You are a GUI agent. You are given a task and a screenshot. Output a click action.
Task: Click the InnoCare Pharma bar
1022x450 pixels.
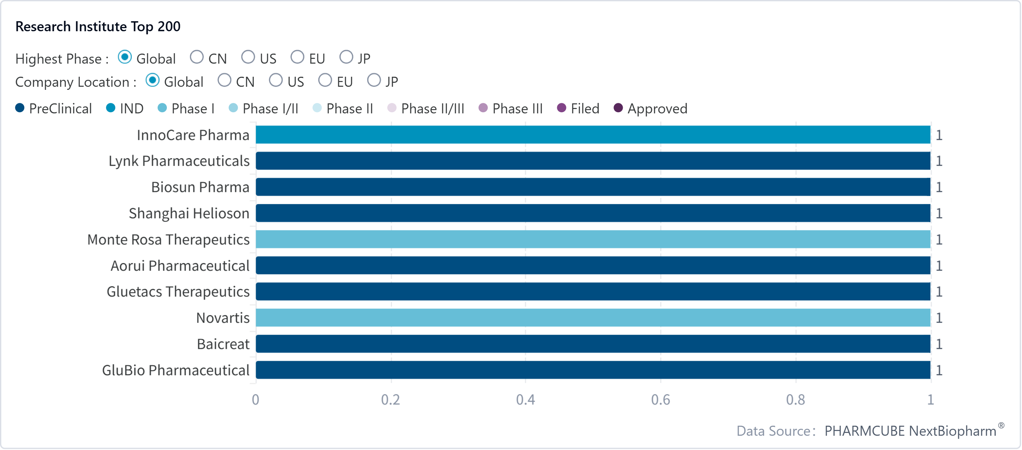(593, 135)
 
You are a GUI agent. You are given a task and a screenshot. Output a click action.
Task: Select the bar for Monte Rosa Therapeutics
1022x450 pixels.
(593, 239)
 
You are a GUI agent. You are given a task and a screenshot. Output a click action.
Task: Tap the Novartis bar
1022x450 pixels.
(593, 317)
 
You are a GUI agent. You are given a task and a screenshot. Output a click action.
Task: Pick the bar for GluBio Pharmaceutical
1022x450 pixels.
(593, 370)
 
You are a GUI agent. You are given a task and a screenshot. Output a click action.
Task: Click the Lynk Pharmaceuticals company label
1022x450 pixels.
(179, 161)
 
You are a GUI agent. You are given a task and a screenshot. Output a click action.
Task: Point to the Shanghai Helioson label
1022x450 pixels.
(189, 214)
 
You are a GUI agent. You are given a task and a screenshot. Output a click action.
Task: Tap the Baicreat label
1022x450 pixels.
(223, 344)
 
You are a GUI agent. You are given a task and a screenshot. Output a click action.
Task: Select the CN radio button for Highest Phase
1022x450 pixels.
(197, 57)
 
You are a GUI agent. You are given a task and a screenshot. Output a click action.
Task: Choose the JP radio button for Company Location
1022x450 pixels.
(374, 80)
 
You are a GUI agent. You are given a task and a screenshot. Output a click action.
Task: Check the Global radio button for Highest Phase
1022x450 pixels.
(125, 57)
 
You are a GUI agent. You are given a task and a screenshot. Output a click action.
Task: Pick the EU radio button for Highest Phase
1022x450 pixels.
(297, 57)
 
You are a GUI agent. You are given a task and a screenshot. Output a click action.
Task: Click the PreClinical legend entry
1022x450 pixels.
(54, 108)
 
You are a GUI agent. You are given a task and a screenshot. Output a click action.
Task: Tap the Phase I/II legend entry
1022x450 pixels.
(264, 108)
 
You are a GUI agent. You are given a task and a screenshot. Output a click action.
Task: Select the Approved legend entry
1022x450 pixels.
(650, 108)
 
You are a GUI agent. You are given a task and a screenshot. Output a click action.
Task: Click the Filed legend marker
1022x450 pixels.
(561, 108)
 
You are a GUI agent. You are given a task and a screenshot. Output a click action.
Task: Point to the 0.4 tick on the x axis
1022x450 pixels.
(525, 399)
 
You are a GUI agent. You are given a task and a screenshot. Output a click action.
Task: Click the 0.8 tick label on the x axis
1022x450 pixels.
(795, 399)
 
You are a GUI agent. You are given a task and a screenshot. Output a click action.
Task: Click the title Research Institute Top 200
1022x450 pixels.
(97, 27)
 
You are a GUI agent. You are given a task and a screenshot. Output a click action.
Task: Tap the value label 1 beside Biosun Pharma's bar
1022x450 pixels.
(939, 187)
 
